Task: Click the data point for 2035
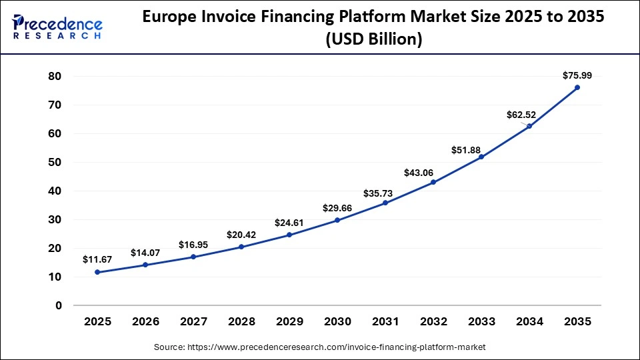(577, 87)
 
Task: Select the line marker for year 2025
(97, 272)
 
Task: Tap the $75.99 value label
(577, 75)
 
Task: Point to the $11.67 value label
(97, 259)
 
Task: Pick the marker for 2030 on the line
(337, 220)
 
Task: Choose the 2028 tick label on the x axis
(241, 321)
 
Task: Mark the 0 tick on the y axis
(58, 305)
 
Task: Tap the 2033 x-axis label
(481, 321)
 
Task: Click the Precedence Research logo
(57, 27)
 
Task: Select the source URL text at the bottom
(320, 347)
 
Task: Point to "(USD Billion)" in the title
(373, 40)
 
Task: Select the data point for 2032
(433, 182)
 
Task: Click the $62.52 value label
(520, 115)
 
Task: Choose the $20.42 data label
(241, 234)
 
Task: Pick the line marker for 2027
(193, 257)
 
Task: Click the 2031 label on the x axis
(385, 321)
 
